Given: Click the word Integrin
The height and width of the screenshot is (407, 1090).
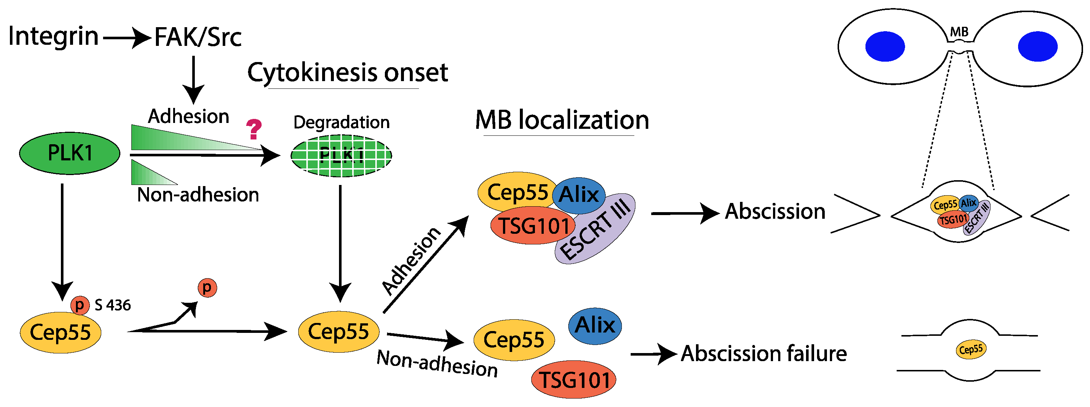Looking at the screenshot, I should (53, 36).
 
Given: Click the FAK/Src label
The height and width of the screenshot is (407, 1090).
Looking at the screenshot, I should (198, 37).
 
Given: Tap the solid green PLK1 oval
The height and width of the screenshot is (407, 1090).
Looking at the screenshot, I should (70, 153).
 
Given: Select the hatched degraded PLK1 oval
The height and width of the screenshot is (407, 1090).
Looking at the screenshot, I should (341, 156).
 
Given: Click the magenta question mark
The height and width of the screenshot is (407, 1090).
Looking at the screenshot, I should (254, 130).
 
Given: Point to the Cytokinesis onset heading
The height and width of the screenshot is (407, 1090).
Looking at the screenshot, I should (347, 73).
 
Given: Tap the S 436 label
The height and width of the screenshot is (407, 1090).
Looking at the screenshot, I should (113, 305).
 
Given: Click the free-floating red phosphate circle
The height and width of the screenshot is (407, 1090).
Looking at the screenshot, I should (207, 288).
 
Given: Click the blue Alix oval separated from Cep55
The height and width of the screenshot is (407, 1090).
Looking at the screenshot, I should (595, 326).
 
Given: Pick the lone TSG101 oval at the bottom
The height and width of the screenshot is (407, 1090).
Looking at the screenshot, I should (574, 380).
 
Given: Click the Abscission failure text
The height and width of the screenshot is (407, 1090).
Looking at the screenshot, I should (764, 354).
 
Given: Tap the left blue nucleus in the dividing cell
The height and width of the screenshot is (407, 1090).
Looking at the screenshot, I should (885, 47).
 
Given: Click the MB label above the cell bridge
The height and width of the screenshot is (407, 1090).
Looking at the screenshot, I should (959, 32).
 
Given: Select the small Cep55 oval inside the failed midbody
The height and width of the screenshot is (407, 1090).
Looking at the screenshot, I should (971, 350).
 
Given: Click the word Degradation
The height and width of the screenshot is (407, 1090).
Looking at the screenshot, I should (341, 123).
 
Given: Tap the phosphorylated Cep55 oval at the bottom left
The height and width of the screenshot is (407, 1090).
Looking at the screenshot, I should (61, 332).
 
